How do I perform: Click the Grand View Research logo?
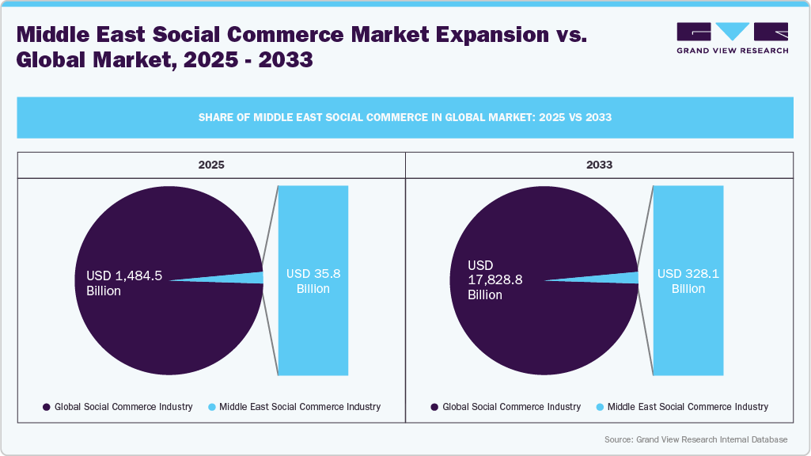coord(732,38)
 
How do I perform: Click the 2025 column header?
coord(211,165)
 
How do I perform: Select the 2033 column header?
coord(599,165)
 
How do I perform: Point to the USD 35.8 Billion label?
coord(313,281)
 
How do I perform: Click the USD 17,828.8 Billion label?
coord(495,279)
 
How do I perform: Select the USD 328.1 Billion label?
coord(688,281)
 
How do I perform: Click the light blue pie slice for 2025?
coord(253,278)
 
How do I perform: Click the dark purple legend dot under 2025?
coord(47,407)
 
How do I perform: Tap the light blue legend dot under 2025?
coord(212,407)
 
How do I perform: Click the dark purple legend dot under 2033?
coord(434,407)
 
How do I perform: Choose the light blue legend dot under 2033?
coord(600,407)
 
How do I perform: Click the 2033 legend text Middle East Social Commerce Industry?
coord(688,407)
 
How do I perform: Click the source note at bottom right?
coord(695,439)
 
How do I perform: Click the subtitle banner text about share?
coord(404,117)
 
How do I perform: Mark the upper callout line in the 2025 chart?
coord(271,228)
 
